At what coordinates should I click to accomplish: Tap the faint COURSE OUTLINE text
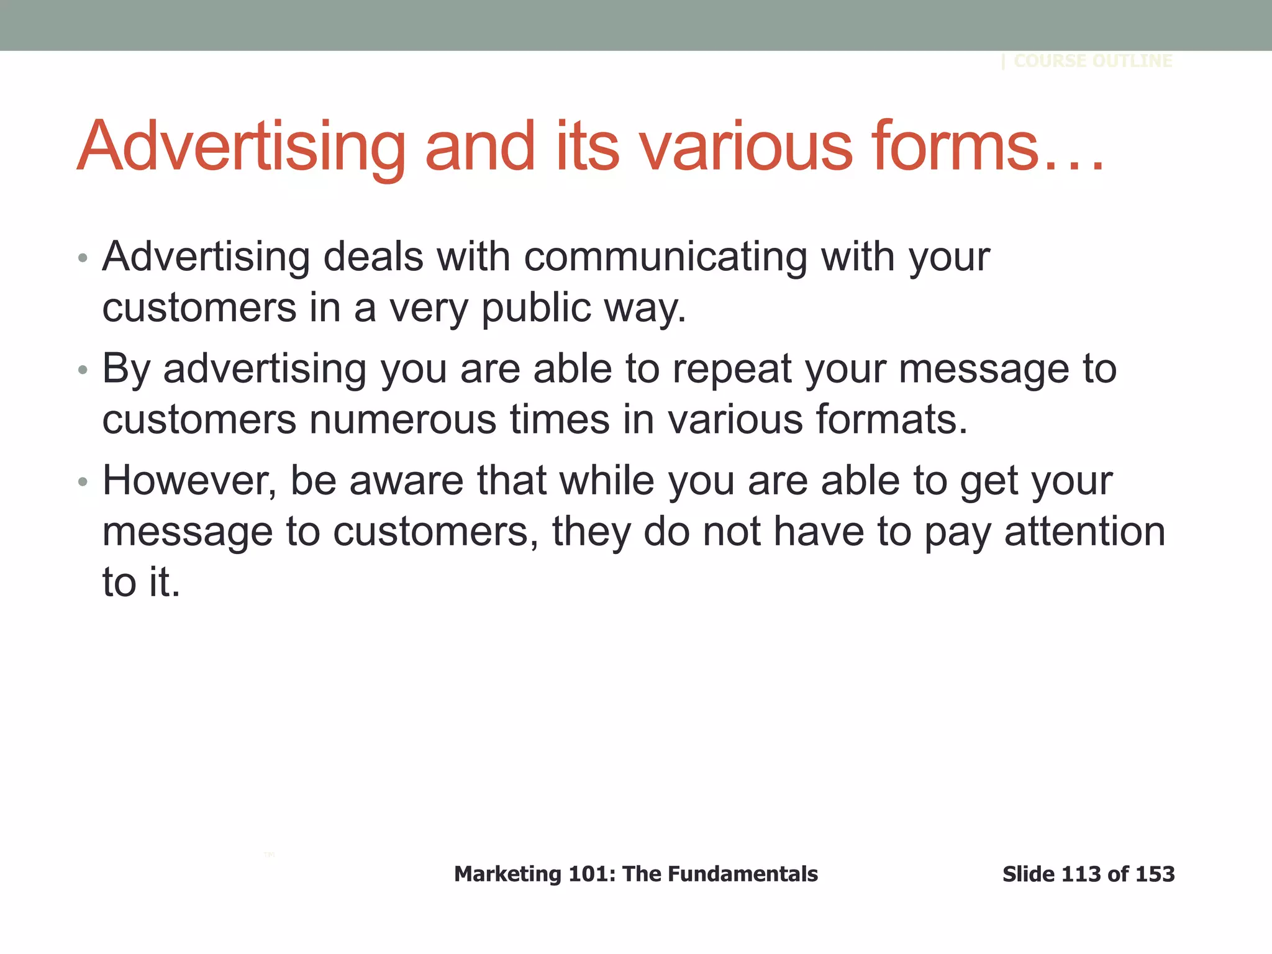coord(1093,61)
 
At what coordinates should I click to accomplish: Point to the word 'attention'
coord(1084,532)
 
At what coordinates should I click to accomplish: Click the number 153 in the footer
coord(1155,874)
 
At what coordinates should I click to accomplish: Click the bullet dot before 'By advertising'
coord(83,371)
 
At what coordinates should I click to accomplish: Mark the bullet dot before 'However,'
coord(83,483)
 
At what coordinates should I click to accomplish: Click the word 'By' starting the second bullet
coord(126,370)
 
